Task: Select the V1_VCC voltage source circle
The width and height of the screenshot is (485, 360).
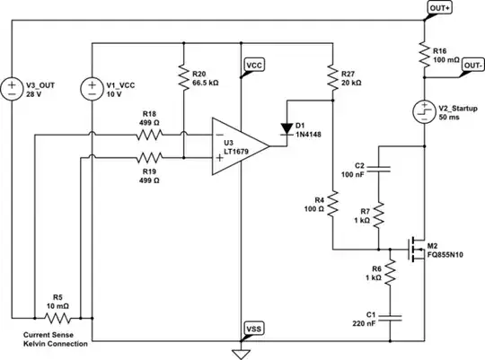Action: pyautogui.click(x=93, y=89)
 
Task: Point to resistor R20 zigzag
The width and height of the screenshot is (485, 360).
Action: pyautogui.click(x=183, y=79)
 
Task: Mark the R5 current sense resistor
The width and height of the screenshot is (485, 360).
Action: pyautogui.click(x=58, y=317)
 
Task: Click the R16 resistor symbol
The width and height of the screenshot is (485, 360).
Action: pyautogui.click(x=424, y=57)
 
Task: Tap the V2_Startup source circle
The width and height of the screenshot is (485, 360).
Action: pyautogui.click(x=424, y=111)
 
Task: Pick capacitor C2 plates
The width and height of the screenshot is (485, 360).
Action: pyautogui.click(x=379, y=168)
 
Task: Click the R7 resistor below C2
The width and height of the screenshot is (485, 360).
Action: pyautogui.click(x=379, y=214)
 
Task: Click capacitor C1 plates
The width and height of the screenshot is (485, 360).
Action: pyautogui.click(x=379, y=314)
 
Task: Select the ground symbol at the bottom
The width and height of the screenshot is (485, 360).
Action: pyautogui.click(x=241, y=353)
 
